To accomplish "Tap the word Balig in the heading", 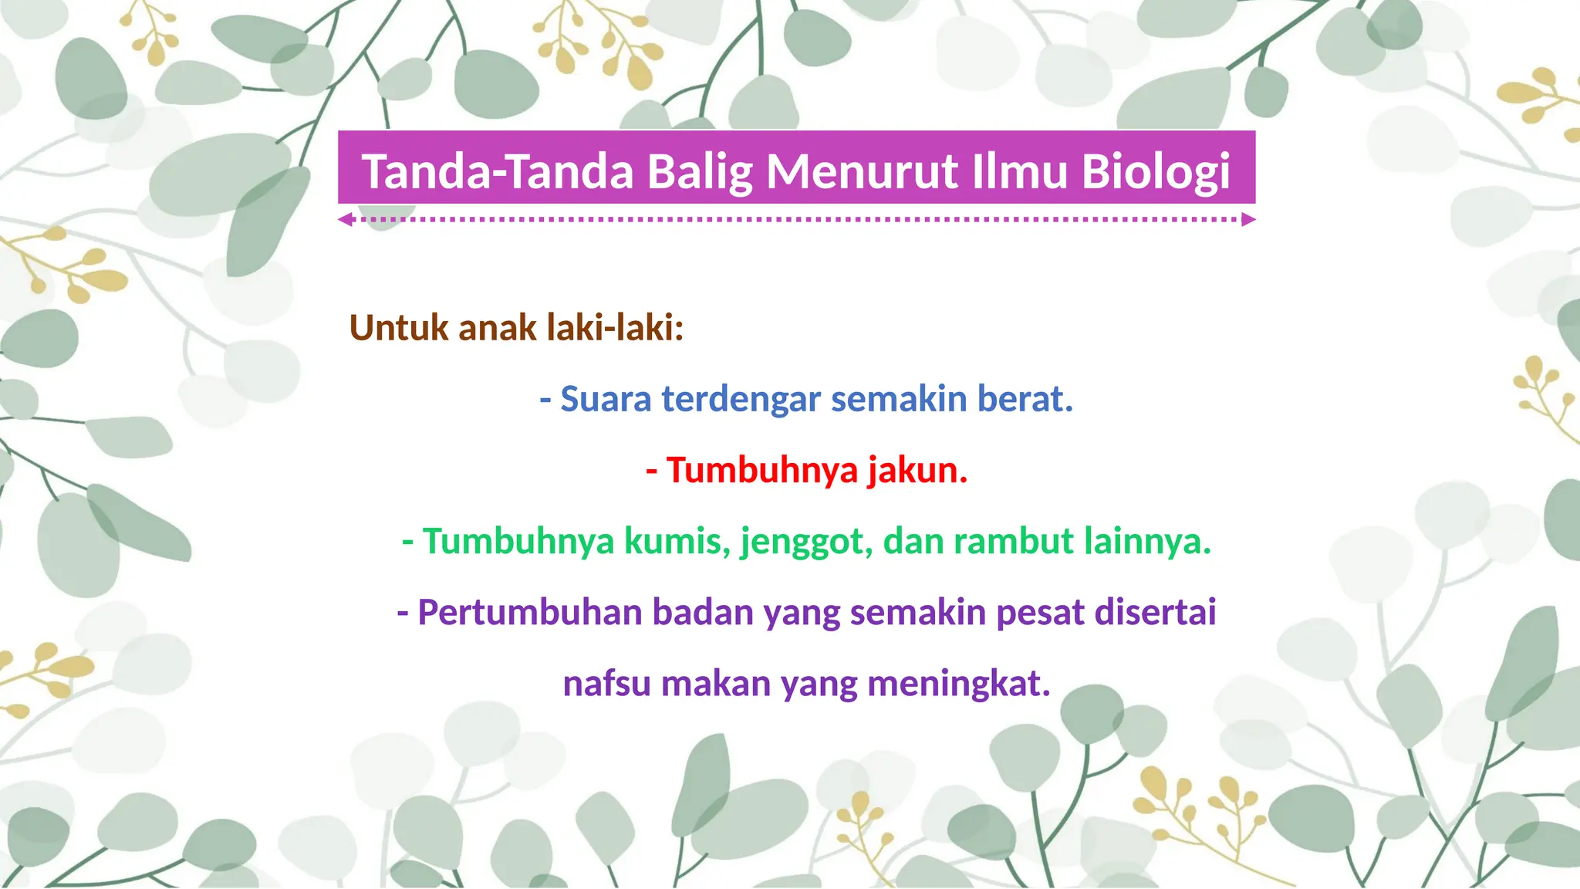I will [x=699, y=171].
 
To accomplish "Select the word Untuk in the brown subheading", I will [x=399, y=328].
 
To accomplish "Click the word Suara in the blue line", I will [x=606, y=399].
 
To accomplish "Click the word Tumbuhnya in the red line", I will [x=762, y=470].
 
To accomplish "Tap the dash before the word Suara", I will [x=545, y=400].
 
